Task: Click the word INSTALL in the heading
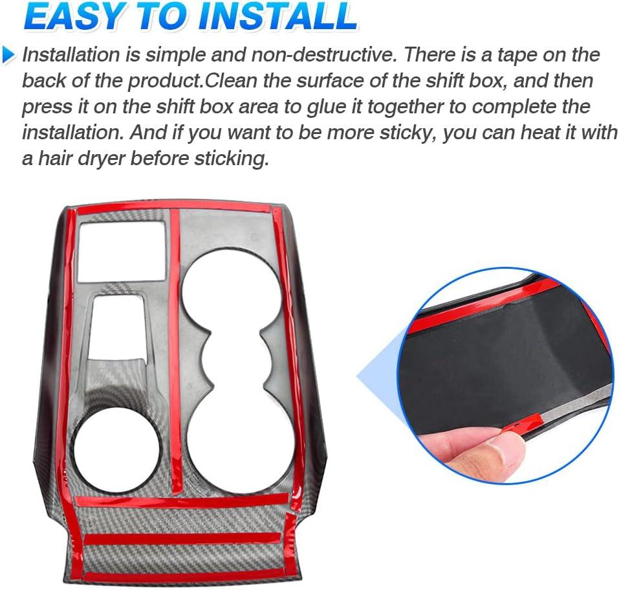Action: (278, 16)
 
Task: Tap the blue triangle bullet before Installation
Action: (8, 54)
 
